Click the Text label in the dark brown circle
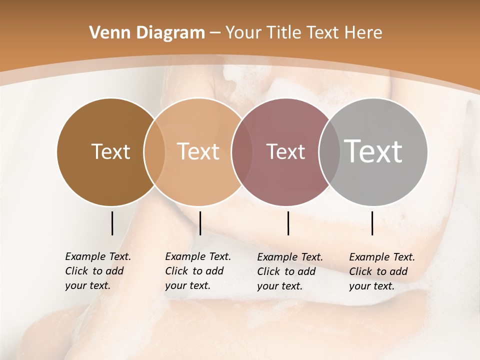pyautogui.click(x=110, y=151)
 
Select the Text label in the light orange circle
pyautogui.click(x=198, y=151)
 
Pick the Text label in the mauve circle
pyautogui.click(x=285, y=151)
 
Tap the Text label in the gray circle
pyautogui.click(x=373, y=151)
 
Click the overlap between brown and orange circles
pyautogui.click(x=154, y=152)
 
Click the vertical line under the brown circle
pyautogui.click(x=112, y=223)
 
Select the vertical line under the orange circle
pyautogui.click(x=200, y=223)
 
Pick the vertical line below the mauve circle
pyautogui.click(x=288, y=223)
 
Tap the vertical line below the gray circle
pyautogui.click(x=372, y=223)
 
